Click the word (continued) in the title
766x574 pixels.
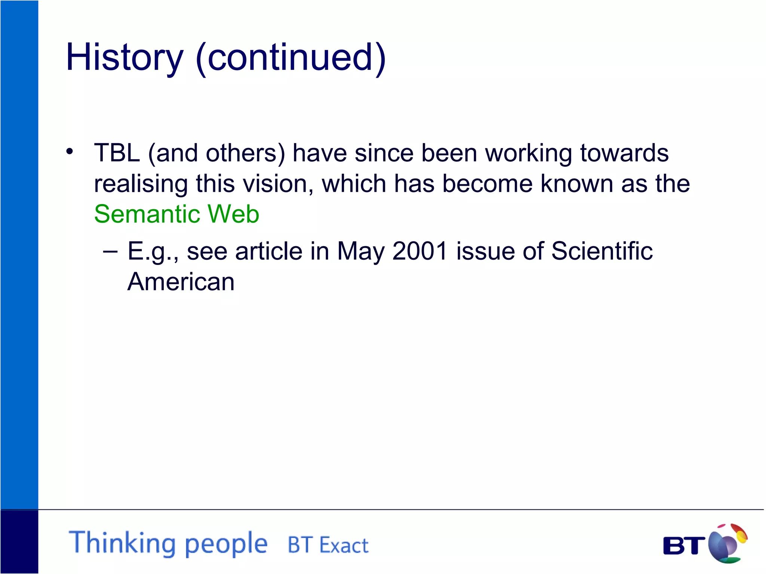click(x=291, y=58)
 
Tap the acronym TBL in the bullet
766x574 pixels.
click(x=117, y=153)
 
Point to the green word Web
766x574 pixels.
click(x=233, y=214)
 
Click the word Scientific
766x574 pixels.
click(x=602, y=251)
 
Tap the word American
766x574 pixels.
click(x=181, y=281)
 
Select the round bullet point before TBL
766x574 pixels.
click(x=70, y=152)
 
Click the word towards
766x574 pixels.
click(x=624, y=153)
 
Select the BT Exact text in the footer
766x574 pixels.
click(x=328, y=545)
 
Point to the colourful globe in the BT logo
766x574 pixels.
click(x=727, y=543)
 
